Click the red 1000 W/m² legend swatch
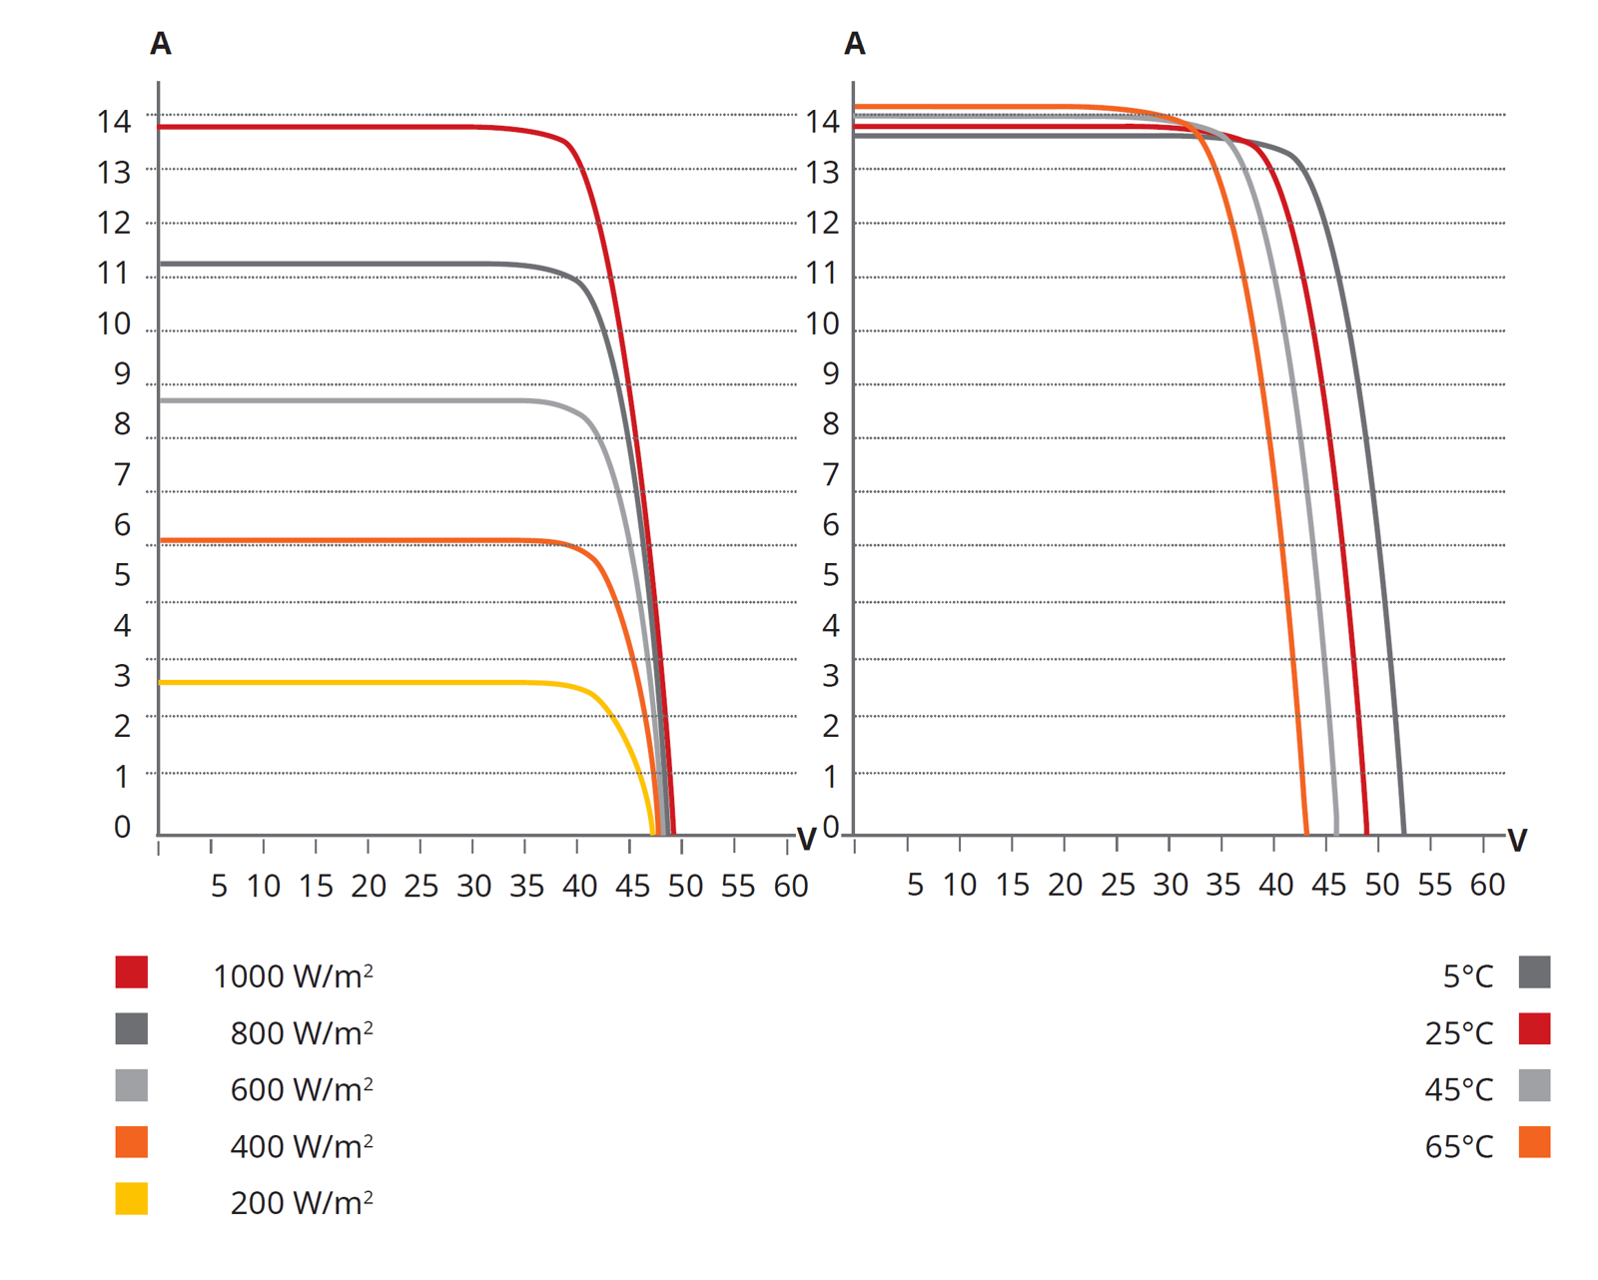(x=131, y=971)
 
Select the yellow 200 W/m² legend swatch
(x=131, y=1198)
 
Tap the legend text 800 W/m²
(x=301, y=1032)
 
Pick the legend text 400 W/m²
(x=301, y=1146)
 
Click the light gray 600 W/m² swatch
(x=131, y=1085)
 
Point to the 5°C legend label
(x=1467, y=976)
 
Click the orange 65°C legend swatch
(x=1534, y=1142)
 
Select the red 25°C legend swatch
(x=1534, y=1028)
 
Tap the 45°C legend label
(x=1458, y=1089)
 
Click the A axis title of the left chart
(x=160, y=44)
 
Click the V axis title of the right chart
(x=1517, y=841)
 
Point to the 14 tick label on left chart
(x=114, y=122)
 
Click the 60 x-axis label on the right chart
(x=1487, y=885)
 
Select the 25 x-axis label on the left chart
(x=420, y=886)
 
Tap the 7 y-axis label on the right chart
(x=830, y=474)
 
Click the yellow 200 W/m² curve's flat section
(x=350, y=682)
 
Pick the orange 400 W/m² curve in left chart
(x=350, y=541)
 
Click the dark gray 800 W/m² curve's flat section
(x=350, y=264)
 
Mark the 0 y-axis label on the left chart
(x=122, y=827)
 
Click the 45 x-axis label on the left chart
(x=632, y=886)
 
